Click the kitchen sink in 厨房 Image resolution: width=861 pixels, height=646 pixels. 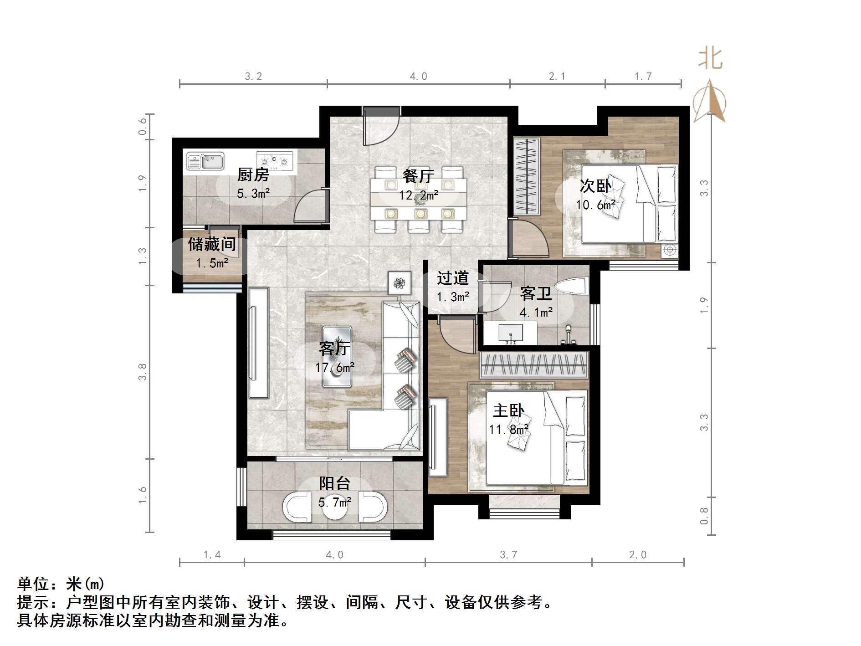pyautogui.click(x=205, y=161)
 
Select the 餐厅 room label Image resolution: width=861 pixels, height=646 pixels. pyautogui.click(x=418, y=176)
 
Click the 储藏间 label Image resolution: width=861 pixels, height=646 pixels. pyautogui.click(x=212, y=245)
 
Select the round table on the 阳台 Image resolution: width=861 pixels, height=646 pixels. pyautogui.click(x=335, y=507)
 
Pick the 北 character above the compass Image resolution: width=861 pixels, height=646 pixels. pyautogui.click(x=710, y=59)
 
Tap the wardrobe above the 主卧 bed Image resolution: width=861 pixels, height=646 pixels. pyautogui.click(x=534, y=365)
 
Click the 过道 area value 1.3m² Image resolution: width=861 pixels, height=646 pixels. pyautogui.click(x=453, y=297)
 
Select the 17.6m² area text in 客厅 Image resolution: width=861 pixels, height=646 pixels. pyautogui.click(x=335, y=368)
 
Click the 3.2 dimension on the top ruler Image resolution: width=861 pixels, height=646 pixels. pyautogui.click(x=253, y=77)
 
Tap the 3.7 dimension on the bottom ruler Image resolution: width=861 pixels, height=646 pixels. pyautogui.click(x=508, y=555)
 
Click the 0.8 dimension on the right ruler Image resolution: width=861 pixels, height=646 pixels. pyautogui.click(x=704, y=516)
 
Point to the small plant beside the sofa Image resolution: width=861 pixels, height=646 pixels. pyautogui.click(x=400, y=283)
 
